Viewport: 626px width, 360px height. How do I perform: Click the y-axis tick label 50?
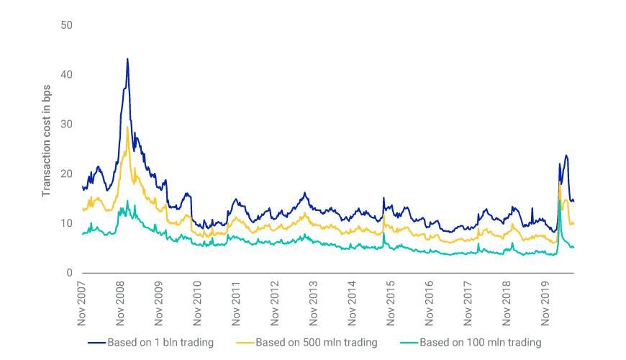[66, 25]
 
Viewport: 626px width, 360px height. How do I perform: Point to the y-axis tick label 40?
[66, 75]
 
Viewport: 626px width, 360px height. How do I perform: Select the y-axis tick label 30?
[66, 125]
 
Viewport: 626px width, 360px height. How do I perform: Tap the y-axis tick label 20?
[66, 174]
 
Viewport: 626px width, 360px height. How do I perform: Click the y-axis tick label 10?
[66, 223]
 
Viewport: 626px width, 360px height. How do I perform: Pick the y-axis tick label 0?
[69, 273]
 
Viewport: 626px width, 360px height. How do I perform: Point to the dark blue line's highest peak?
[127, 59]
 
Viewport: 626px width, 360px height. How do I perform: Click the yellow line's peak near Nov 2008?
[127, 127]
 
